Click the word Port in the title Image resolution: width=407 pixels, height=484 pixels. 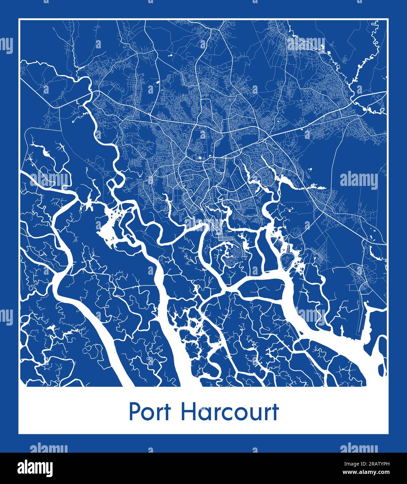pos(150,412)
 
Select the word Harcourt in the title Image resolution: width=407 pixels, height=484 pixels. pos(230,412)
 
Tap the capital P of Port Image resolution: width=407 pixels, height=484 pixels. pos(134,412)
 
